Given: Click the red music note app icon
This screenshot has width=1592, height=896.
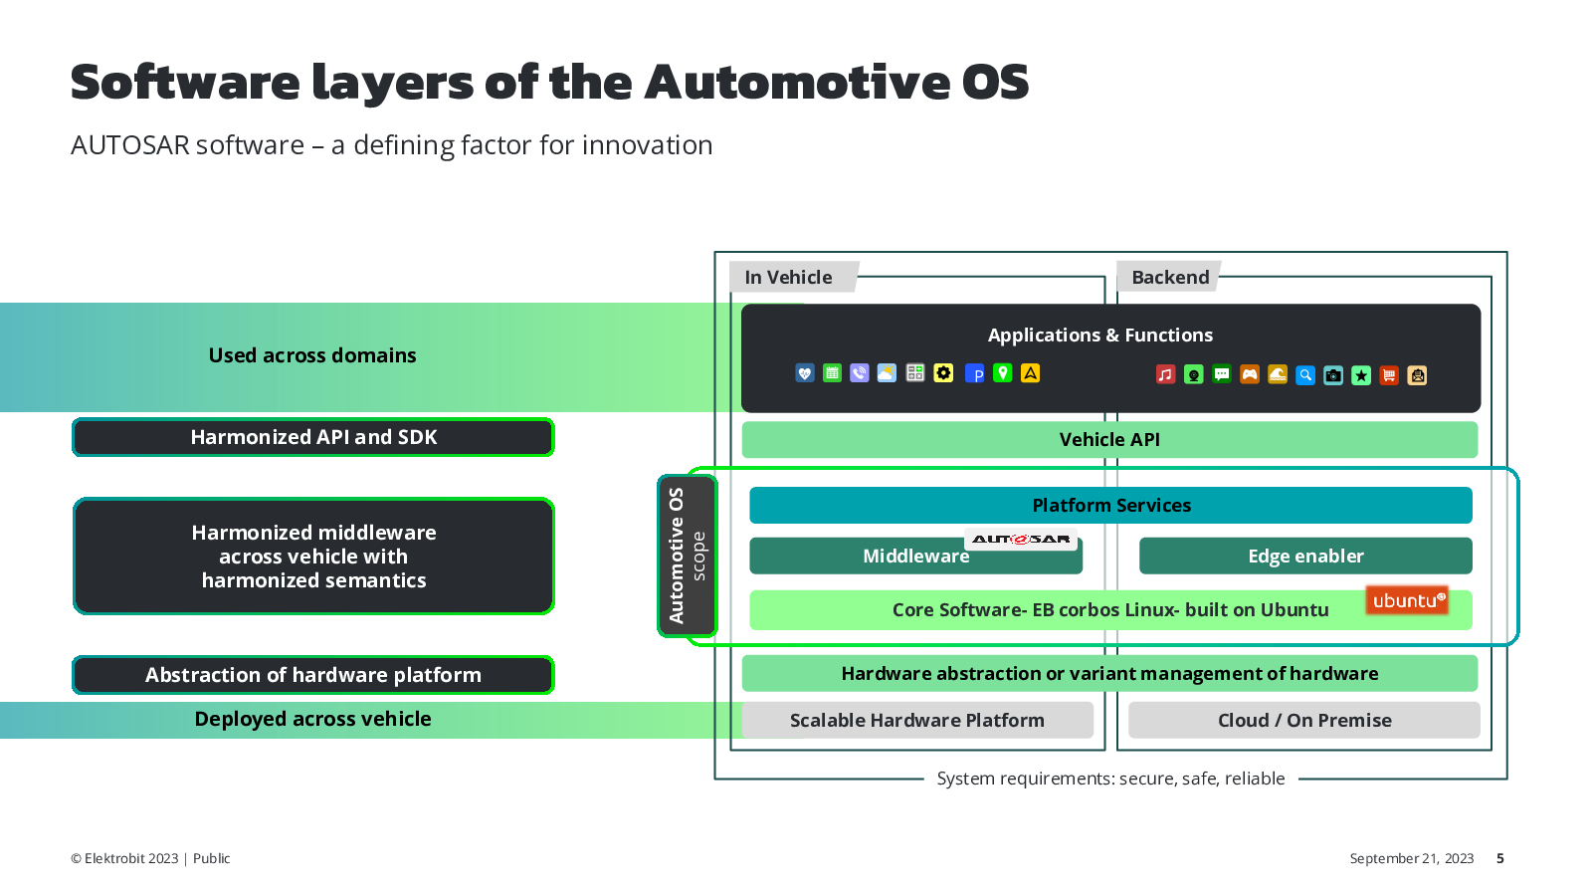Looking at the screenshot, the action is click(1165, 374).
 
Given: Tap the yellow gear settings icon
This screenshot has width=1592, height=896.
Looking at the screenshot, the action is click(943, 373).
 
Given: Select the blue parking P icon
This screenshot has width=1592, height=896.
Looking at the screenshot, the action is click(974, 373).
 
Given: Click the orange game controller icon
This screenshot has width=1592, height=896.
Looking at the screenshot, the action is click(1250, 374).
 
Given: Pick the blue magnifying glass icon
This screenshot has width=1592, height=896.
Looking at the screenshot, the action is click(1304, 374).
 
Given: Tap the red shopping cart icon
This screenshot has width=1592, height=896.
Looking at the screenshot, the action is click(1389, 374).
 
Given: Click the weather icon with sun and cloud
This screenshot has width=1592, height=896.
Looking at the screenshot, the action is click(887, 373).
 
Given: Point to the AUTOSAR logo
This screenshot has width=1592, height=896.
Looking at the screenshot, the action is click(1021, 539).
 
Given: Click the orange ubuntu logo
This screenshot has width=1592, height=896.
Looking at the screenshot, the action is click(1407, 601).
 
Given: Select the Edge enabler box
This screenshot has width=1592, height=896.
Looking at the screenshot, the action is click(1305, 556).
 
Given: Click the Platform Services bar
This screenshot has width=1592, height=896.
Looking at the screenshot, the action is click(1110, 505).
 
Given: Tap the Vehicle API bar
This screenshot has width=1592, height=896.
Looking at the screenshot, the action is click(1109, 439).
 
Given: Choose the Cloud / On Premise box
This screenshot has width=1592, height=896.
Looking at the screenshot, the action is click(1304, 720).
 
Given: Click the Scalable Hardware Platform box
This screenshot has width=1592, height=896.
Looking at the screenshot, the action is click(917, 720).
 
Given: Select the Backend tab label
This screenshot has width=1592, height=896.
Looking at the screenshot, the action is click(1169, 277).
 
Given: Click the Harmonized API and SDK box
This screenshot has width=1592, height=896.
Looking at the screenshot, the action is click(313, 437).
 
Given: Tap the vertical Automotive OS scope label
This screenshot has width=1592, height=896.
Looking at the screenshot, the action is click(687, 556).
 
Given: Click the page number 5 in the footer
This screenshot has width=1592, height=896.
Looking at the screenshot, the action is click(1500, 858).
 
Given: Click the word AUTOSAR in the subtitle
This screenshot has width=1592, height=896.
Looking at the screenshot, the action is click(130, 145).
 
